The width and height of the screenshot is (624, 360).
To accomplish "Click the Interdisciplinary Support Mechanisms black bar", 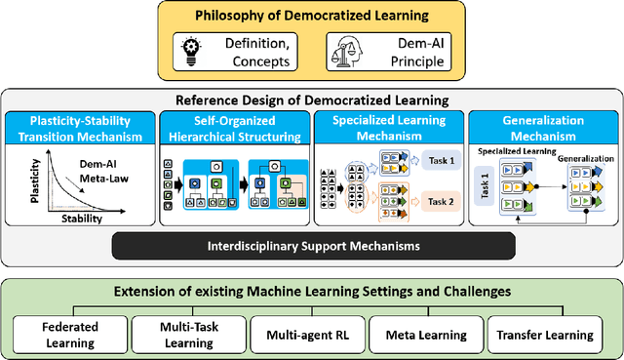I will tap(310, 245).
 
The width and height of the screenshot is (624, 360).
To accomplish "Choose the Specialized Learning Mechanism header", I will tap(389, 129).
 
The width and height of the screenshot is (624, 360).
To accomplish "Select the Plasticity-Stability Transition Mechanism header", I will tap(79, 129).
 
